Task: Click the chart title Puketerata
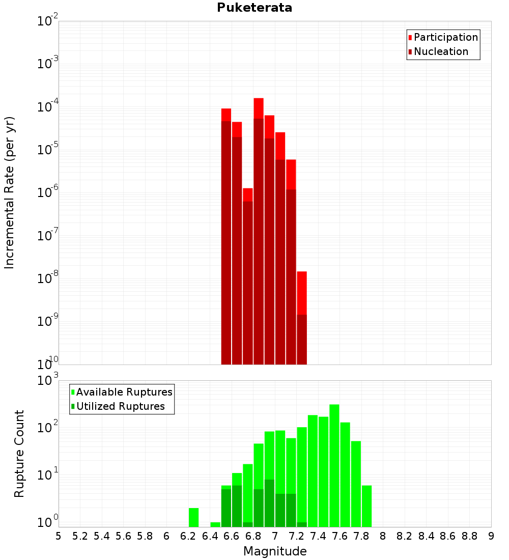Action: (254, 8)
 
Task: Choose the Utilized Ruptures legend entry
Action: (120, 406)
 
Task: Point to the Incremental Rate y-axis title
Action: (9, 193)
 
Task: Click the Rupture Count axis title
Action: (19, 454)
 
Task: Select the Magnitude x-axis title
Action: (275, 551)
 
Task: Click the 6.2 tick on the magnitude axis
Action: (188, 536)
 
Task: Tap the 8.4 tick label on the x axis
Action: (427, 536)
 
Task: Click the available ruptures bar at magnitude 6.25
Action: (193, 517)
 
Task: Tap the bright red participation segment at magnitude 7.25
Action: (302, 293)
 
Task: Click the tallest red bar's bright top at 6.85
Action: (259, 108)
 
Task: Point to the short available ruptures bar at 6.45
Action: (215, 524)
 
